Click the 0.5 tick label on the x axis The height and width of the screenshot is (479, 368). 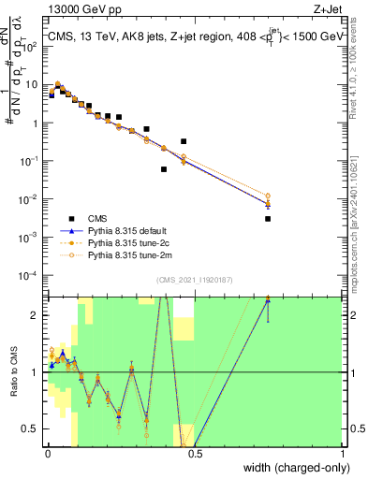click(194, 454)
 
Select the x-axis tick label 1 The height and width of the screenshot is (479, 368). click(343, 454)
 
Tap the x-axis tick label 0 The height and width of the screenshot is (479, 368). click(46, 454)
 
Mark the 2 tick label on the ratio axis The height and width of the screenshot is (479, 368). click(37, 315)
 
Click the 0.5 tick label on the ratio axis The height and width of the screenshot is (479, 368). click(33, 429)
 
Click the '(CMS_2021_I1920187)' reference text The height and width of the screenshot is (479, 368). click(194, 280)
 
